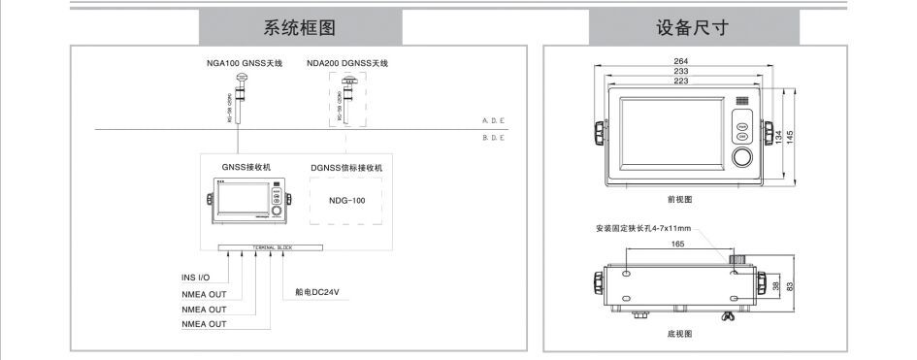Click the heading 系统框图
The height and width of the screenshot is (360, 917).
tap(299, 27)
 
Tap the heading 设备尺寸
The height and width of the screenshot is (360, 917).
tap(696, 27)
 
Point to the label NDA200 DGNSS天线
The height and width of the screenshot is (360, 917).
tap(347, 63)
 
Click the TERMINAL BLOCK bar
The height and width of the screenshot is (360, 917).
tap(273, 247)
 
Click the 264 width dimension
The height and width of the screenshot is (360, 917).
tap(681, 63)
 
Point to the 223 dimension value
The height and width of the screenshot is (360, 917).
tap(681, 82)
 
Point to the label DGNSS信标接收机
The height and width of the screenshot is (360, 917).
tap(347, 168)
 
